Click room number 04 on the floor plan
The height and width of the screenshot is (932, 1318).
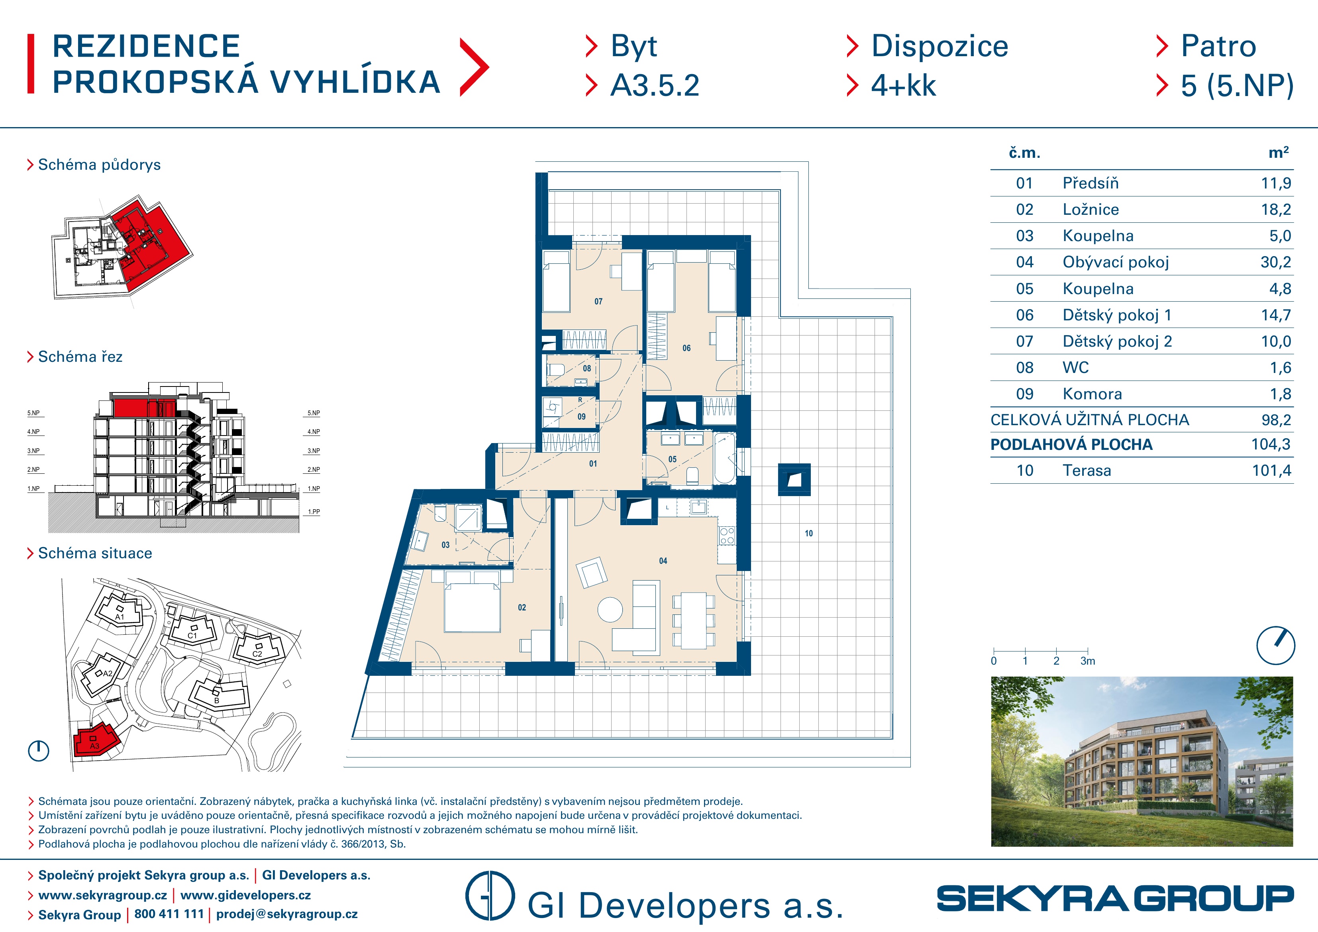[x=663, y=561]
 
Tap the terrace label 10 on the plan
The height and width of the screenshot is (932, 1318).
[x=809, y=534]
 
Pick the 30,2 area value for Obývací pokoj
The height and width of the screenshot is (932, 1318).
[x=1275, y=263]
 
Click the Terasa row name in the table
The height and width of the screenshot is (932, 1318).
[x=1087, y=471]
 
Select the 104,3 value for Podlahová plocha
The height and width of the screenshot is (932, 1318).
[x=1271, y=444]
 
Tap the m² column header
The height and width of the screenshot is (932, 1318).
[x=1279, y=153]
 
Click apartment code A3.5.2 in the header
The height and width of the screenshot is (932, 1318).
[x=655, y=86]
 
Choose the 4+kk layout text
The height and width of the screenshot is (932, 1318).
[x=904, y=86]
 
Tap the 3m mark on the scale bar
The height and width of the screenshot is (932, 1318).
[x=1087, y=661]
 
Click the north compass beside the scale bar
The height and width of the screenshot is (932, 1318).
[x=1275, y=646]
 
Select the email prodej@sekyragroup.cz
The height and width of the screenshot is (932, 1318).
[x=286, y=914]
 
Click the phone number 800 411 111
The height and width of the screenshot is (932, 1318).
[x=169, y=914]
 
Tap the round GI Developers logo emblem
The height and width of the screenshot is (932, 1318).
[x=490, y=896]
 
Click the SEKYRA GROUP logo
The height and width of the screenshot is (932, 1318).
[x=1115, y=899]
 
